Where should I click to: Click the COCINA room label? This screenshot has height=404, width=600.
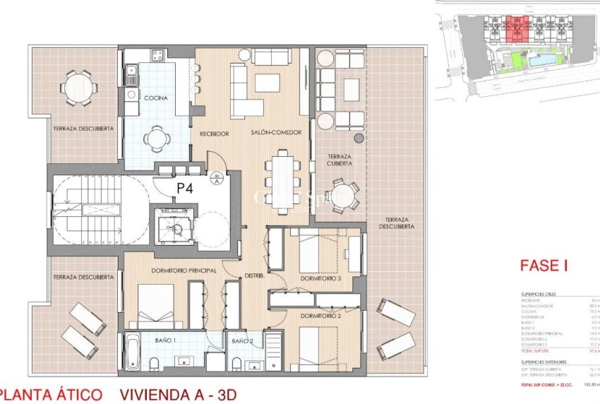tap(155, 98)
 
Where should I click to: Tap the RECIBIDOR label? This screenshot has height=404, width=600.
tap(213, 133)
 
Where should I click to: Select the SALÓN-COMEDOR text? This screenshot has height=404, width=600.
tap(276, 133)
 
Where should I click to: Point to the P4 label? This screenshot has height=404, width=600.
tap(185, 188)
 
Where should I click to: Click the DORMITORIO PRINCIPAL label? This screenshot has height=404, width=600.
tap(167, 270)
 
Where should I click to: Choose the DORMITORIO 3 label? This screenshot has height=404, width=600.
tap(320, 278)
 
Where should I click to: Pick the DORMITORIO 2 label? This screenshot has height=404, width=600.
tap(320, 316)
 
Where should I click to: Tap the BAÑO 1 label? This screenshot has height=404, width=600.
tap(167, 340)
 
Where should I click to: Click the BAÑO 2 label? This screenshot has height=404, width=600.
tap(242, 340)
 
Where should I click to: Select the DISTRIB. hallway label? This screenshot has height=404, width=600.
tap(254, 275)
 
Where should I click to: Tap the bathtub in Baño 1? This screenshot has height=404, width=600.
tap(133, 352)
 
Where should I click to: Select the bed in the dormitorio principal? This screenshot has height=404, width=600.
tap(156, 305)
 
